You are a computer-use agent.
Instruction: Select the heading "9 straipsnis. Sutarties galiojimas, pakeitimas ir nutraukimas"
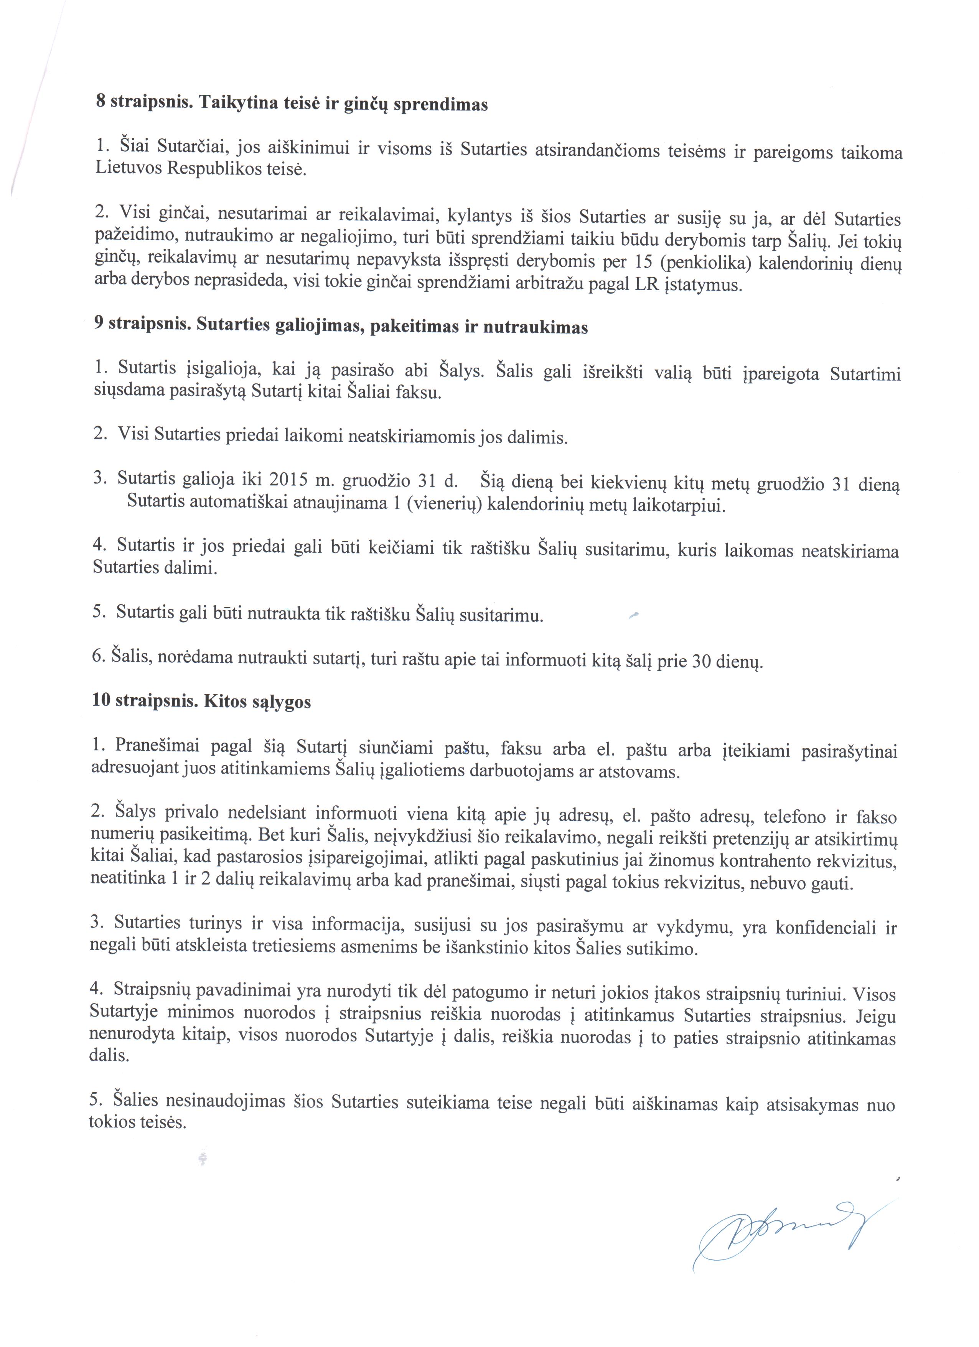[x=341, y=326]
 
